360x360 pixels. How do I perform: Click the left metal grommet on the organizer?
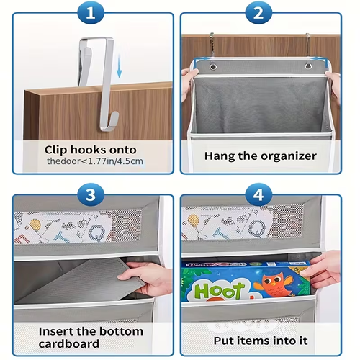[x=212, y=67]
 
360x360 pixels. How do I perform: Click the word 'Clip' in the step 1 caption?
[x=58, y=148]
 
